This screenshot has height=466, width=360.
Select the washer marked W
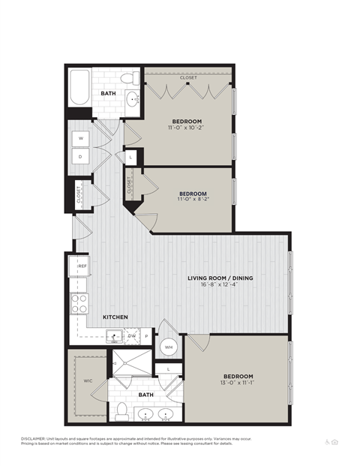point(80,139)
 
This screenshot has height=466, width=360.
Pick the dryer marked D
point(80,157)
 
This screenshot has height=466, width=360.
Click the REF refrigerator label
point(81,266)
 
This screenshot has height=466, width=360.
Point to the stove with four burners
point(79,302)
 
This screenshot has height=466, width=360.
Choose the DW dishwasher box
point(132,337)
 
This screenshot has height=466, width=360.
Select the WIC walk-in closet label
point(88,380)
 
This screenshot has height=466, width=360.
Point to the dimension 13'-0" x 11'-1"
point(238,384)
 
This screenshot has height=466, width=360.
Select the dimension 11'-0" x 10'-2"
point(187,128)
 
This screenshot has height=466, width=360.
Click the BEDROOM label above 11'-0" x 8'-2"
point(192,192)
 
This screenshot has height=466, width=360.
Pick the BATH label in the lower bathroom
point(145,392)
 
